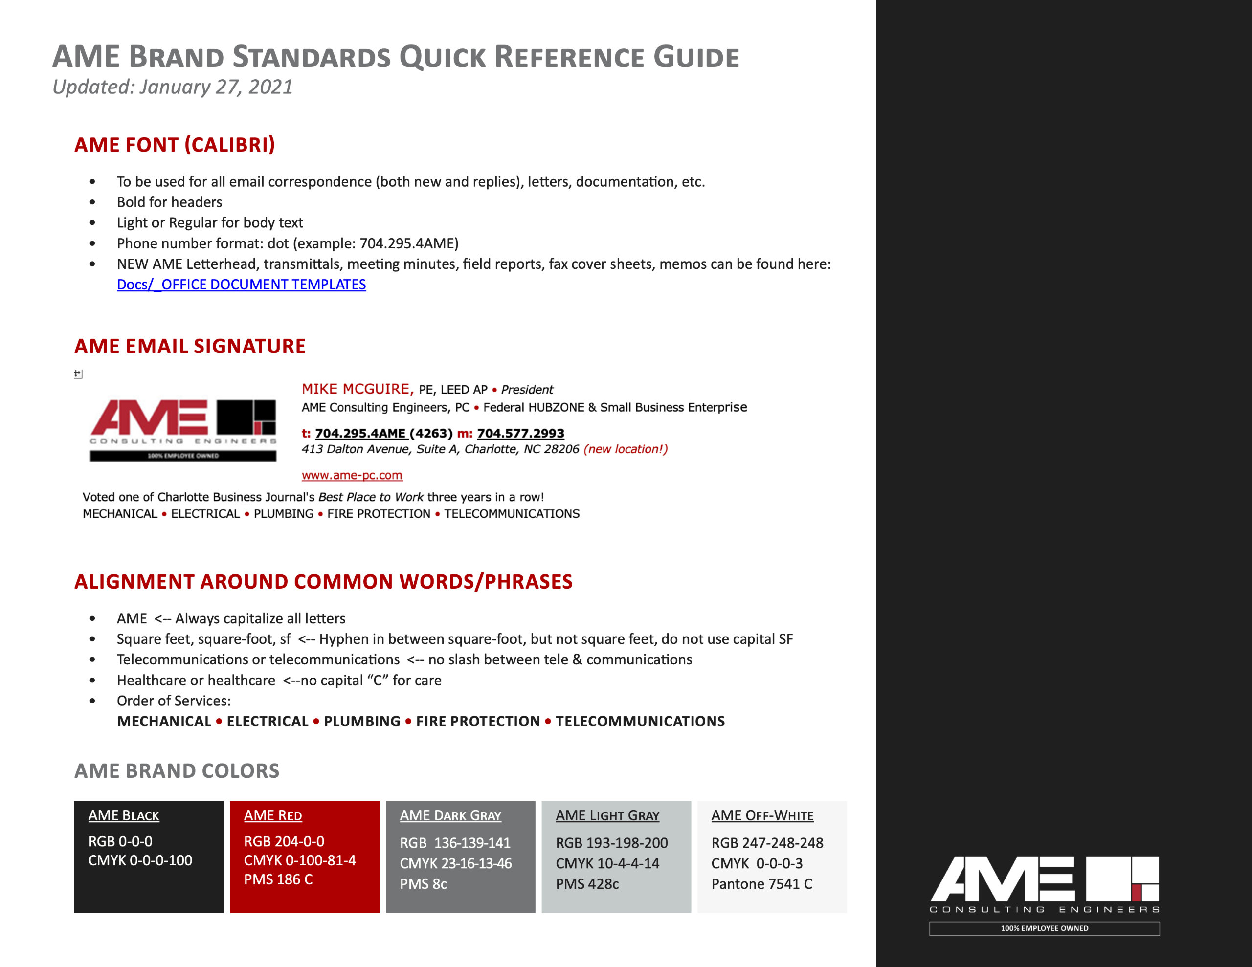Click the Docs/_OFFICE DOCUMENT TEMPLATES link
pos(241,285)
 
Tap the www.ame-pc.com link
pos(352,475)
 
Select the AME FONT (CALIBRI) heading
pos(174,144)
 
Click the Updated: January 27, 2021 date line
pos(173,87)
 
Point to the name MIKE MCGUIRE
pos(356,389)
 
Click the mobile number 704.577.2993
pos(520,433)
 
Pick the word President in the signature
pos(527,390)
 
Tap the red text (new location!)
pos(626,449)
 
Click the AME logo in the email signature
pos(183,429)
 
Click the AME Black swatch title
pos(124,815)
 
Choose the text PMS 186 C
pos(278,879)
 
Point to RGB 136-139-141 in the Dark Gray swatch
pos(455,843)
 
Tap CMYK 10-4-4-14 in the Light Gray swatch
pos(607,863)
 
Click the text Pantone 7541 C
pos(761,884)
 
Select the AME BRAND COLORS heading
pos(177,771)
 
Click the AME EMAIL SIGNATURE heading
pos(190,346)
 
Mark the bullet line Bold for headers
pos(169,202)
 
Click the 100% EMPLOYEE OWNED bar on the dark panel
pos(1044,928)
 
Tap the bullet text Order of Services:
pos(174,701)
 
